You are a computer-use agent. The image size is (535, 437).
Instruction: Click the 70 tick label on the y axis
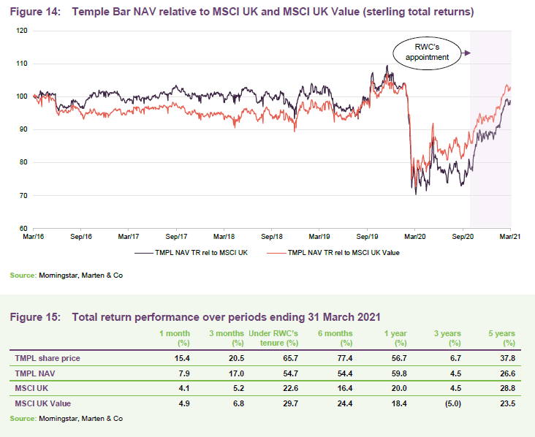pos(23,196)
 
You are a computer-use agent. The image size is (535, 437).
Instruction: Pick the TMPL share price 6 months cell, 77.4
pos(341,359)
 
